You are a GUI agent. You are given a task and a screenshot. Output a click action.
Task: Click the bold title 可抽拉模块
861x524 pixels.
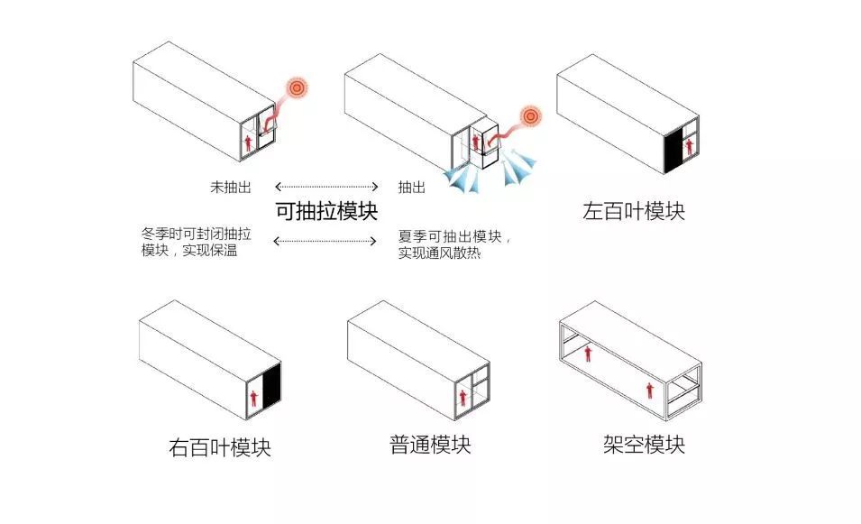(x=326, y=212)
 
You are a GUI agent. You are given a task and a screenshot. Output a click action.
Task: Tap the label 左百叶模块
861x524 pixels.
(x=633, y=212)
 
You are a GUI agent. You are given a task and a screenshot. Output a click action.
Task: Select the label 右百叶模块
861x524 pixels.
(x=220, y=446)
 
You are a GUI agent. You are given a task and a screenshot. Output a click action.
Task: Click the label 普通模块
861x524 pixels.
(x=429, y=445)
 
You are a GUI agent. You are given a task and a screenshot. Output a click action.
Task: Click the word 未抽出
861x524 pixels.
(x=230, y=187)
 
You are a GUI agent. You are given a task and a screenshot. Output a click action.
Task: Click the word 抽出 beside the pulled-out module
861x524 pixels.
(x=412, y=187)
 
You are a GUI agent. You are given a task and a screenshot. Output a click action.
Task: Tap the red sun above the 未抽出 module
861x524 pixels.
(x=297, y=88)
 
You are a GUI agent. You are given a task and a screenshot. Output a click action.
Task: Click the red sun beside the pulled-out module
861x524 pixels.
(x=532, y=116)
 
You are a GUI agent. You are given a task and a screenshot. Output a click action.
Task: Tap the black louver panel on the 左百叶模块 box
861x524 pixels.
(x=672, y=149)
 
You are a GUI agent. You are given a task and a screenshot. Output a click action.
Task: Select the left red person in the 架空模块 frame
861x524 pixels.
(x=588, y=353)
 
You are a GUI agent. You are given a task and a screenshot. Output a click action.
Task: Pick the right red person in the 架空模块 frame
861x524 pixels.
(x=649, y=390)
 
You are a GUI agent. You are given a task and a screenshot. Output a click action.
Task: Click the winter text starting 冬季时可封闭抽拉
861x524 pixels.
(x=196, y=243)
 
